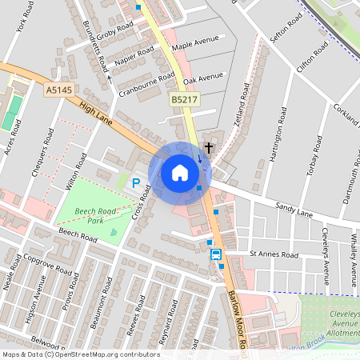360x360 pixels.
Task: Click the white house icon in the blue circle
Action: (180, 173)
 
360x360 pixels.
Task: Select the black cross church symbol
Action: (209, 147)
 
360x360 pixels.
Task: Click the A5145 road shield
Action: (58, 92)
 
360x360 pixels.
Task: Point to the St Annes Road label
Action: (274, 254)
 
